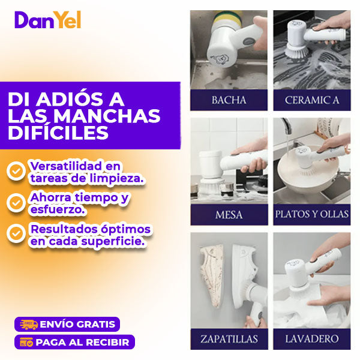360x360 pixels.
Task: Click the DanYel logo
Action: (48, 20)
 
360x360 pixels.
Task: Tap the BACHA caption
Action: (229, 100)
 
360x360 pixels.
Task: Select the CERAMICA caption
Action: (312, 100)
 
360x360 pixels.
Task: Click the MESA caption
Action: (229, 215)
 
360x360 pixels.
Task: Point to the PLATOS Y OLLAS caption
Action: (312, 214)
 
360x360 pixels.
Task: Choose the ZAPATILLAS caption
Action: (229, 339)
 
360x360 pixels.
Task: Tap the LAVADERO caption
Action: (312, 339)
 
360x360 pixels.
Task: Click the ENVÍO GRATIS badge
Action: (67, 324)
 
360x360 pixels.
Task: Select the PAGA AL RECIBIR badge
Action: (74, 342)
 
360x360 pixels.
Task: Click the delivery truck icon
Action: (29, 325)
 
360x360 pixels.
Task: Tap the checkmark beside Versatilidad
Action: (16, 171)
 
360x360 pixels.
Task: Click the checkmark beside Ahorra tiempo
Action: (16, 203)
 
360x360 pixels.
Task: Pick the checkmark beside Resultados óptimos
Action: (16, 233)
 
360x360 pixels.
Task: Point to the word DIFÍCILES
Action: (58, 133)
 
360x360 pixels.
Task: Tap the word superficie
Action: (113, 242)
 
